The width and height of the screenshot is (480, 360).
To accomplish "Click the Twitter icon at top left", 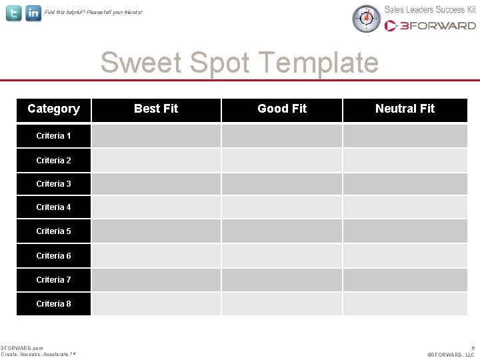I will (14, 13).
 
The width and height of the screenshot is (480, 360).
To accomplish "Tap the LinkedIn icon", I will (33, 13).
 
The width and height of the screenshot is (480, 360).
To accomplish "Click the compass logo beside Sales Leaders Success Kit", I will (365, 18).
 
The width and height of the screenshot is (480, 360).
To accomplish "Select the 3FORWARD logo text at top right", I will (430, 25).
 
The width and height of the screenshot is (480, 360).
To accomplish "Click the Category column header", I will (53, 109).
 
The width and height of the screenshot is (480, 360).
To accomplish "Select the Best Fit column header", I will (156, 109).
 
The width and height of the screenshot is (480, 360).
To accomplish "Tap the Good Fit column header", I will (282, 109).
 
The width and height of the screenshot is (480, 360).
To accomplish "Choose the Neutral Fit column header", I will (405, 109).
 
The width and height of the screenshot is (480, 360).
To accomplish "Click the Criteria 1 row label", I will (53, 136).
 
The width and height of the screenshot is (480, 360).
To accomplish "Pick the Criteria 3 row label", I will (53, 184).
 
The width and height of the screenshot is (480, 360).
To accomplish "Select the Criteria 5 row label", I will (53, 231).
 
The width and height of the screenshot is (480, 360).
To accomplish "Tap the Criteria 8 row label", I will (53, 304).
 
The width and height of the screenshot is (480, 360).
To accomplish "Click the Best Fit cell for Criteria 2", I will (156, 160).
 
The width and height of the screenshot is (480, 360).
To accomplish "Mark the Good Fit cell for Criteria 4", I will (282, 207).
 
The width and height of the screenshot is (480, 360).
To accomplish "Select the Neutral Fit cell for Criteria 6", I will (405, 256).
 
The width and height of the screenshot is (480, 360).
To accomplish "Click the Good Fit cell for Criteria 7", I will (282, 280).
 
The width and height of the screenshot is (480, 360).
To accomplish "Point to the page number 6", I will (473, 348).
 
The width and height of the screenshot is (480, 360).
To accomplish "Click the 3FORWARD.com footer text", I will (22, 348).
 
